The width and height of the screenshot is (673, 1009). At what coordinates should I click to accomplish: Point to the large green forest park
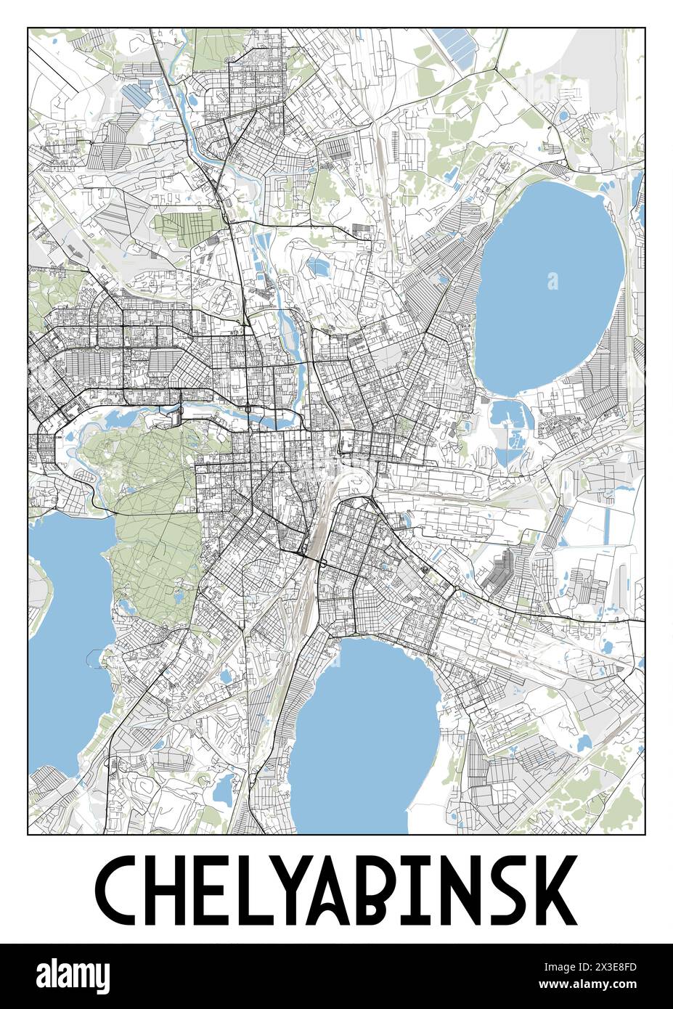click(x=152, y=523)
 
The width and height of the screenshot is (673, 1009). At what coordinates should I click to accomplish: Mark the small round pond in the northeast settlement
click(x=563, y=114)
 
